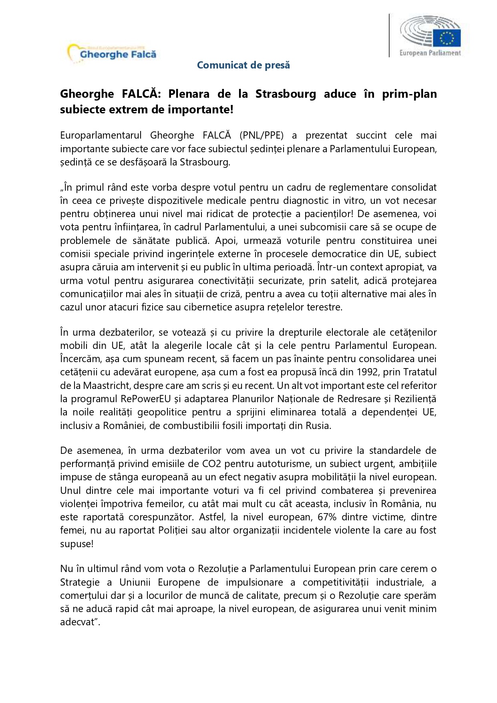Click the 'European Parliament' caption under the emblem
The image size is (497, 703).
tap(430, 53)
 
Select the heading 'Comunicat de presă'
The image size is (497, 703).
tap(243, 65)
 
